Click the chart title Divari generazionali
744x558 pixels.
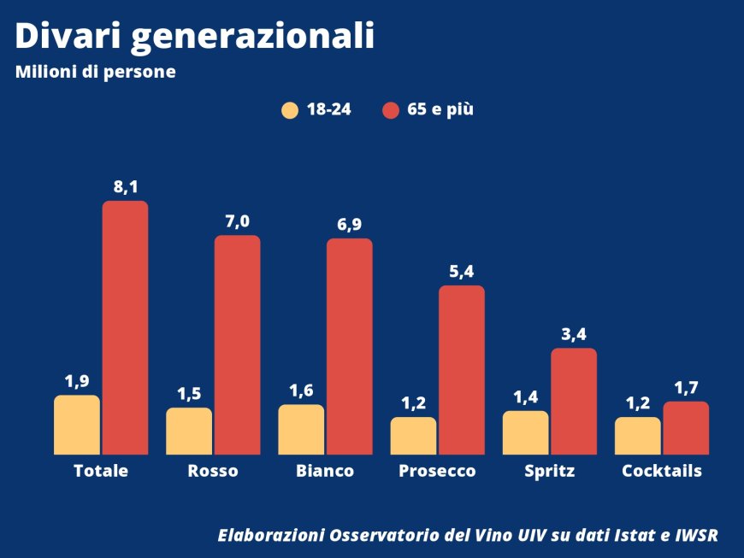point(195,36)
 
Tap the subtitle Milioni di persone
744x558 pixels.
point(95,73)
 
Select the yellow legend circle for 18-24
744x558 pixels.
point(290,110)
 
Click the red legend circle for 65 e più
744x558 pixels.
point(391,110)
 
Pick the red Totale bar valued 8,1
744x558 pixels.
point(125,327)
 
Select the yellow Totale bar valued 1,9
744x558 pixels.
point(77,425)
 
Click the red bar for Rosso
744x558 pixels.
point(237,344)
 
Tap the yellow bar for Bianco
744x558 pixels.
point(301,429)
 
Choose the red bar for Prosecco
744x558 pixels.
point(462,369)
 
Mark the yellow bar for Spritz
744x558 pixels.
point(526,432)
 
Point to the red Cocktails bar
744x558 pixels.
point(686,427)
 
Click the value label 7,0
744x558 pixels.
point(237,221)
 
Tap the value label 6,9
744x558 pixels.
point(349,225)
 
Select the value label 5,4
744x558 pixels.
point(461,272)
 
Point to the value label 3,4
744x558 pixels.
point(574,334)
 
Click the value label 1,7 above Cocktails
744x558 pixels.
point(686,388)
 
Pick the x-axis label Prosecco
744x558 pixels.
point(437,471)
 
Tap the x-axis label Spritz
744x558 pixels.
point(549,471)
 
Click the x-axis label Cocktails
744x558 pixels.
point(662,471)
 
